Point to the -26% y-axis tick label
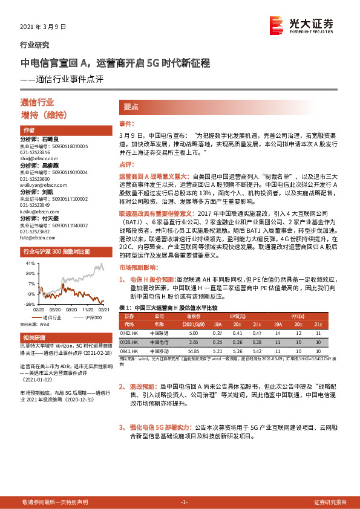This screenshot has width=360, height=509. [x=29, y=304]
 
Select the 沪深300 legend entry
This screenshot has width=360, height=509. [x=91, y=317]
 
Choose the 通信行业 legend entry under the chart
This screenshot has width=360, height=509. [x=54, y=317]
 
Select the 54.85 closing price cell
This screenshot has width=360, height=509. [x=194, y=351]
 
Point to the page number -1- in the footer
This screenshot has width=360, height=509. [x=185, y=502]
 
